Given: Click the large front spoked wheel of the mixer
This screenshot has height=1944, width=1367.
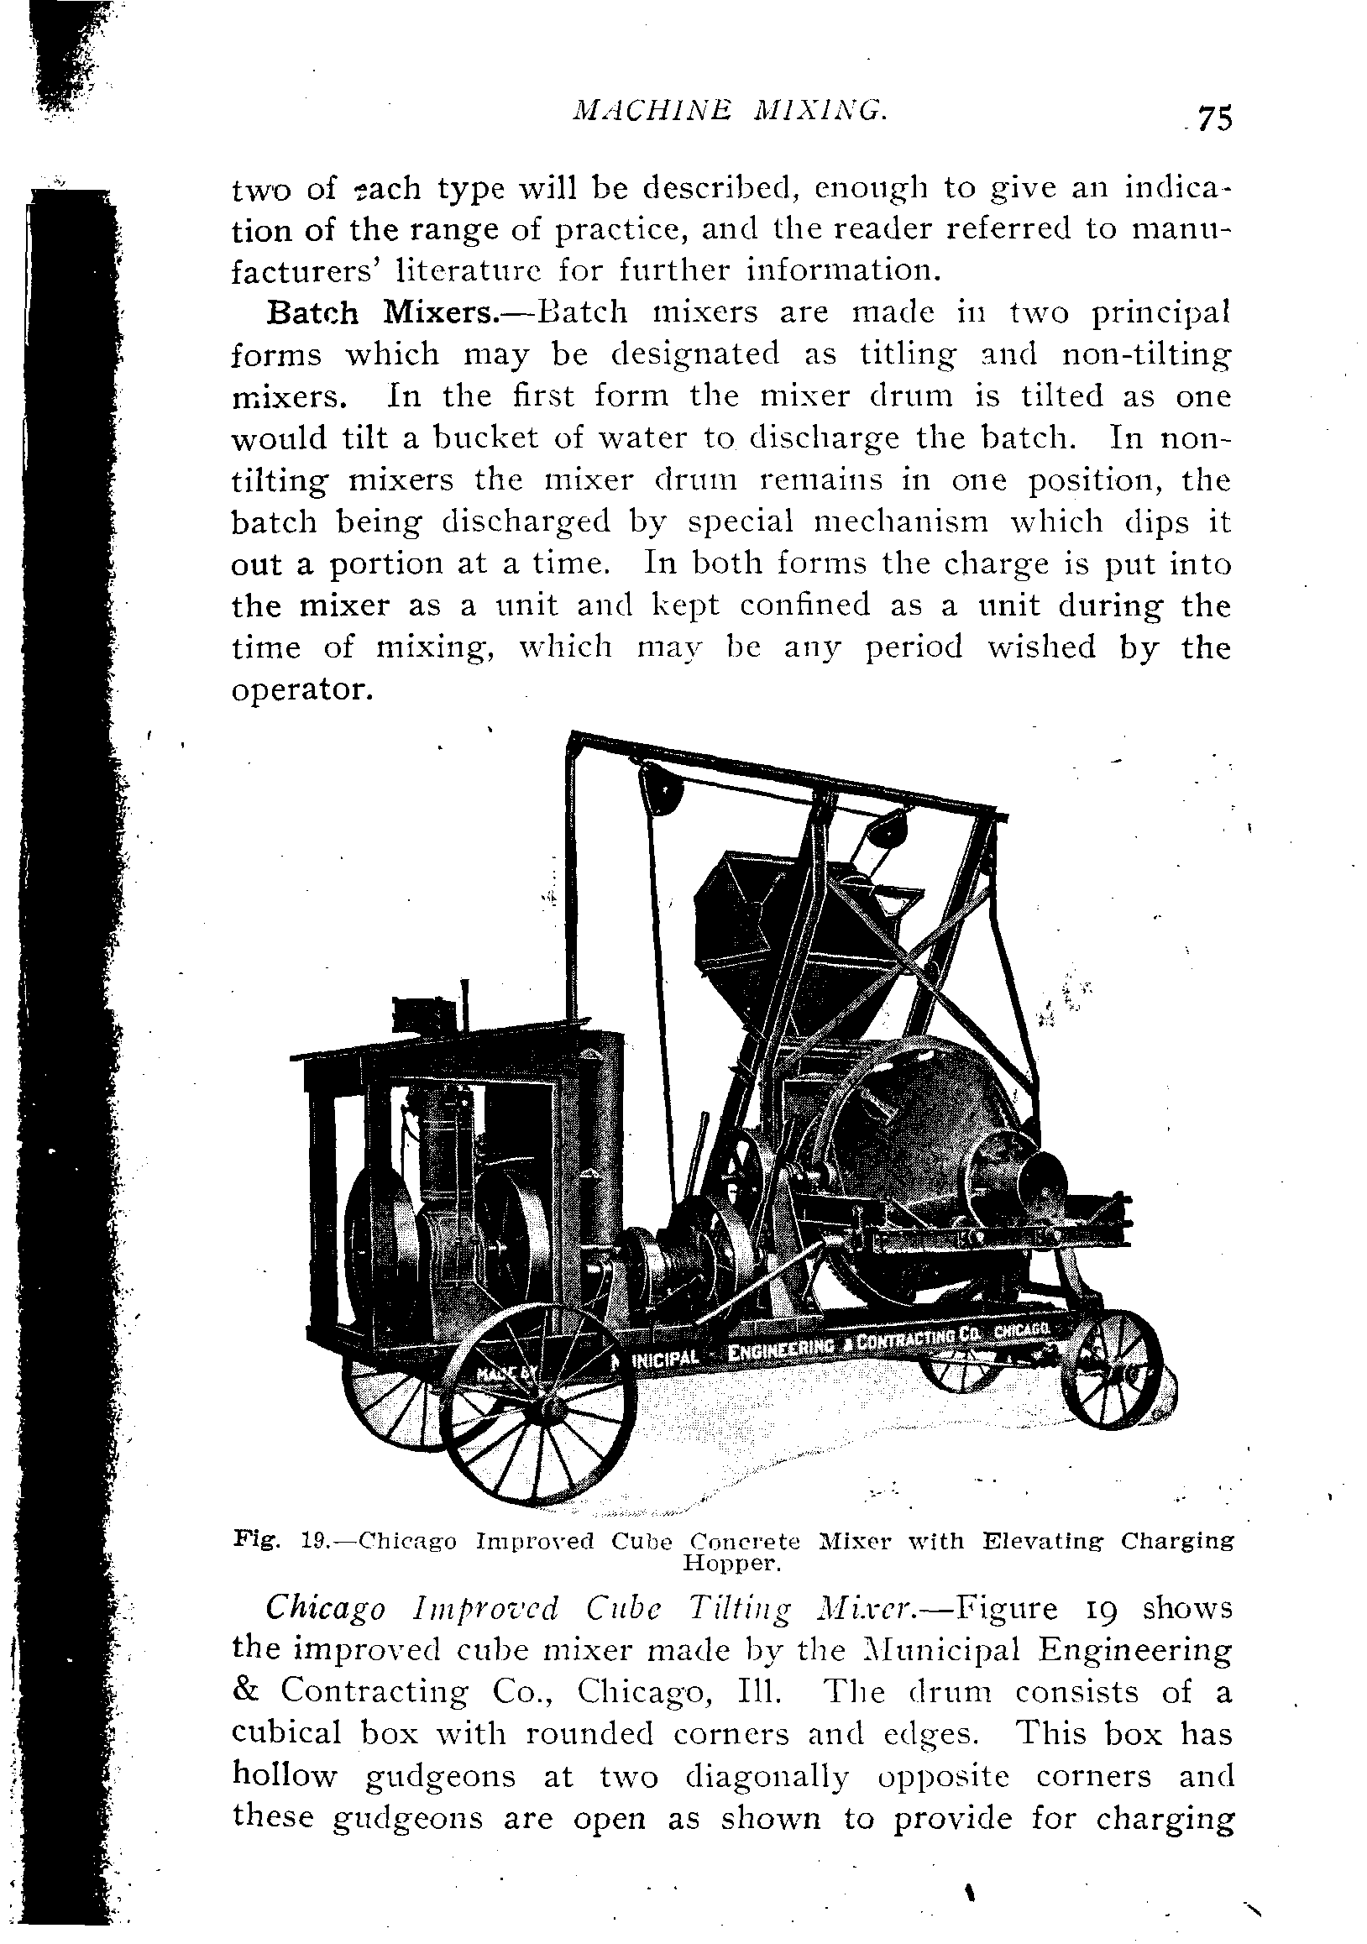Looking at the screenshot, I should click(x=539, y=1406).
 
